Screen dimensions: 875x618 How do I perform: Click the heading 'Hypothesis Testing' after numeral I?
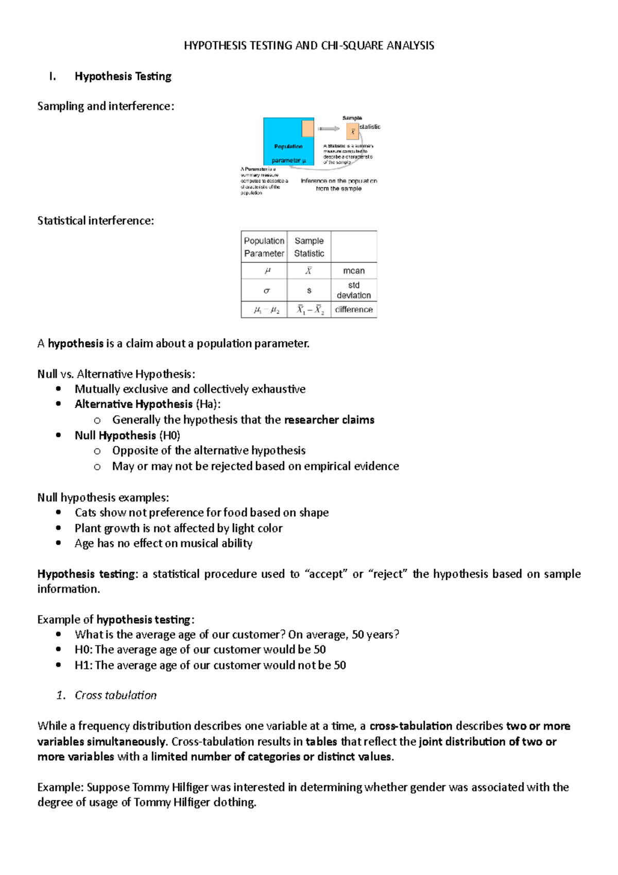(x=123, y=76)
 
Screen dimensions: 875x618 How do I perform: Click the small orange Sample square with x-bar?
(x=353, y=131)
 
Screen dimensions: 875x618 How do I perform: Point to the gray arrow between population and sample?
(x=329, y=128)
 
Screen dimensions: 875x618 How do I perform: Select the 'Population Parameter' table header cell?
(x=264, y=247)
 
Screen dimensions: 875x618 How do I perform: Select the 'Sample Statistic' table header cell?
(x=309, y=247)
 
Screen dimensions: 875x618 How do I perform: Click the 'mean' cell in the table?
(x=354, y=271)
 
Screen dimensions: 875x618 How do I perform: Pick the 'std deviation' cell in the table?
(x=354, y=290)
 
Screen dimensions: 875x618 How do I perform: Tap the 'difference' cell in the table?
(x=354, y=309)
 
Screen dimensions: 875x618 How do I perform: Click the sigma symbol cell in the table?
(x=266, y=291)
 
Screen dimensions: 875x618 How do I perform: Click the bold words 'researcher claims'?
(x=329, y=420)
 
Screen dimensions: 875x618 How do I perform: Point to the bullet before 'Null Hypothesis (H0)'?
(x=58, y=435)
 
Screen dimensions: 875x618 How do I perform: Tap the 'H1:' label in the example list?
(x=83, y=665)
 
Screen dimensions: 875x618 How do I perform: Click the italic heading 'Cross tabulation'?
(x=115, y=695)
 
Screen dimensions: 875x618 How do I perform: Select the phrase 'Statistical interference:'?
(x=96, y=221)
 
